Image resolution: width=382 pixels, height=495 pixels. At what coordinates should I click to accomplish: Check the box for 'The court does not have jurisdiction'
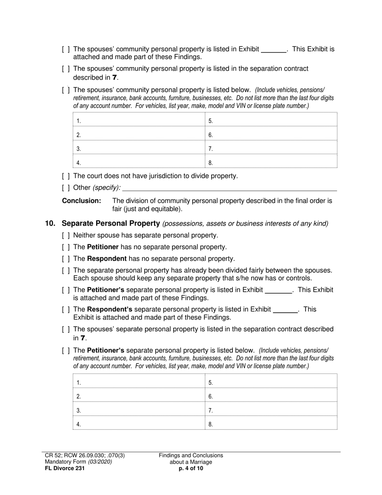point(66,176)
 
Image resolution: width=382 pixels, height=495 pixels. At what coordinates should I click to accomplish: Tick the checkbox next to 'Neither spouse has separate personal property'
point(66,235)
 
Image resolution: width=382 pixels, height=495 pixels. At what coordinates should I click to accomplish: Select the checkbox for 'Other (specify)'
point(66,188)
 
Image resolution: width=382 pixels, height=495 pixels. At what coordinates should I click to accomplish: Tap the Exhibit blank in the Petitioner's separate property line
point(279,290)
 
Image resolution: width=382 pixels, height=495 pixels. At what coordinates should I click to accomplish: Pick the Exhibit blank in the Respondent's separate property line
point(285,310)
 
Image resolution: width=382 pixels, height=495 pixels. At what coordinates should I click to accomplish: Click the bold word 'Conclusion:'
point(81,201)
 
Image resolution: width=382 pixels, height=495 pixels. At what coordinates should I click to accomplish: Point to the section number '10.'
point(51,223)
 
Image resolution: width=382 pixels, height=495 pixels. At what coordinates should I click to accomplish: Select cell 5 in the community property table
point(271,120)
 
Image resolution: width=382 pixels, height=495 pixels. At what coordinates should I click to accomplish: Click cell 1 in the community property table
point(139,120)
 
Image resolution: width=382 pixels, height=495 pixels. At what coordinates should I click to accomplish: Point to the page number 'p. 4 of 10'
point(191,468)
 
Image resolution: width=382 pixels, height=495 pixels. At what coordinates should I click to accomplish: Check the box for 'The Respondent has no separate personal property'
point(66,259)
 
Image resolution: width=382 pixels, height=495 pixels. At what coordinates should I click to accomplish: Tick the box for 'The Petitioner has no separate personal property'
point(66,247)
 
